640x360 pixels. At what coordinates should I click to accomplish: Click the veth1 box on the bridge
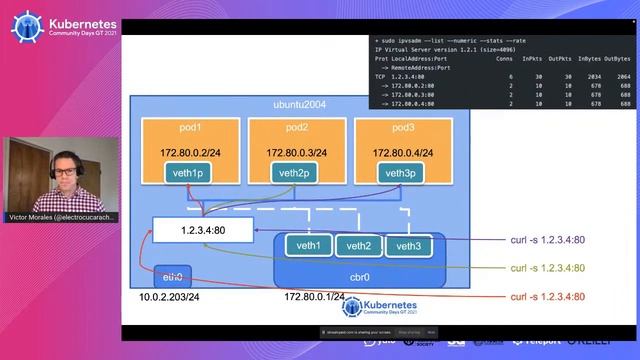click(308, 246)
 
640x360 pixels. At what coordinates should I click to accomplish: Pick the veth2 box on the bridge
click(359, 246)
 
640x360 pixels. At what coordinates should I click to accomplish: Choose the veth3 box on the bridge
click(409, 246)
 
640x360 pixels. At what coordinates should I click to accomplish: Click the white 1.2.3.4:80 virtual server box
click(204, 230)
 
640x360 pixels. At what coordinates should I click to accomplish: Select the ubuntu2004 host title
click(300, 105)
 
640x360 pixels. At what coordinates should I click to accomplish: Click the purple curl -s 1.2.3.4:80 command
click(547, 240)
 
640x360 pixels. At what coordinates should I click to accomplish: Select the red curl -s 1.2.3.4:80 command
click(547, 297)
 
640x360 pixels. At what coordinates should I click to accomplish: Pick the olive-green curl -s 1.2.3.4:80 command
click(547, 268)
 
